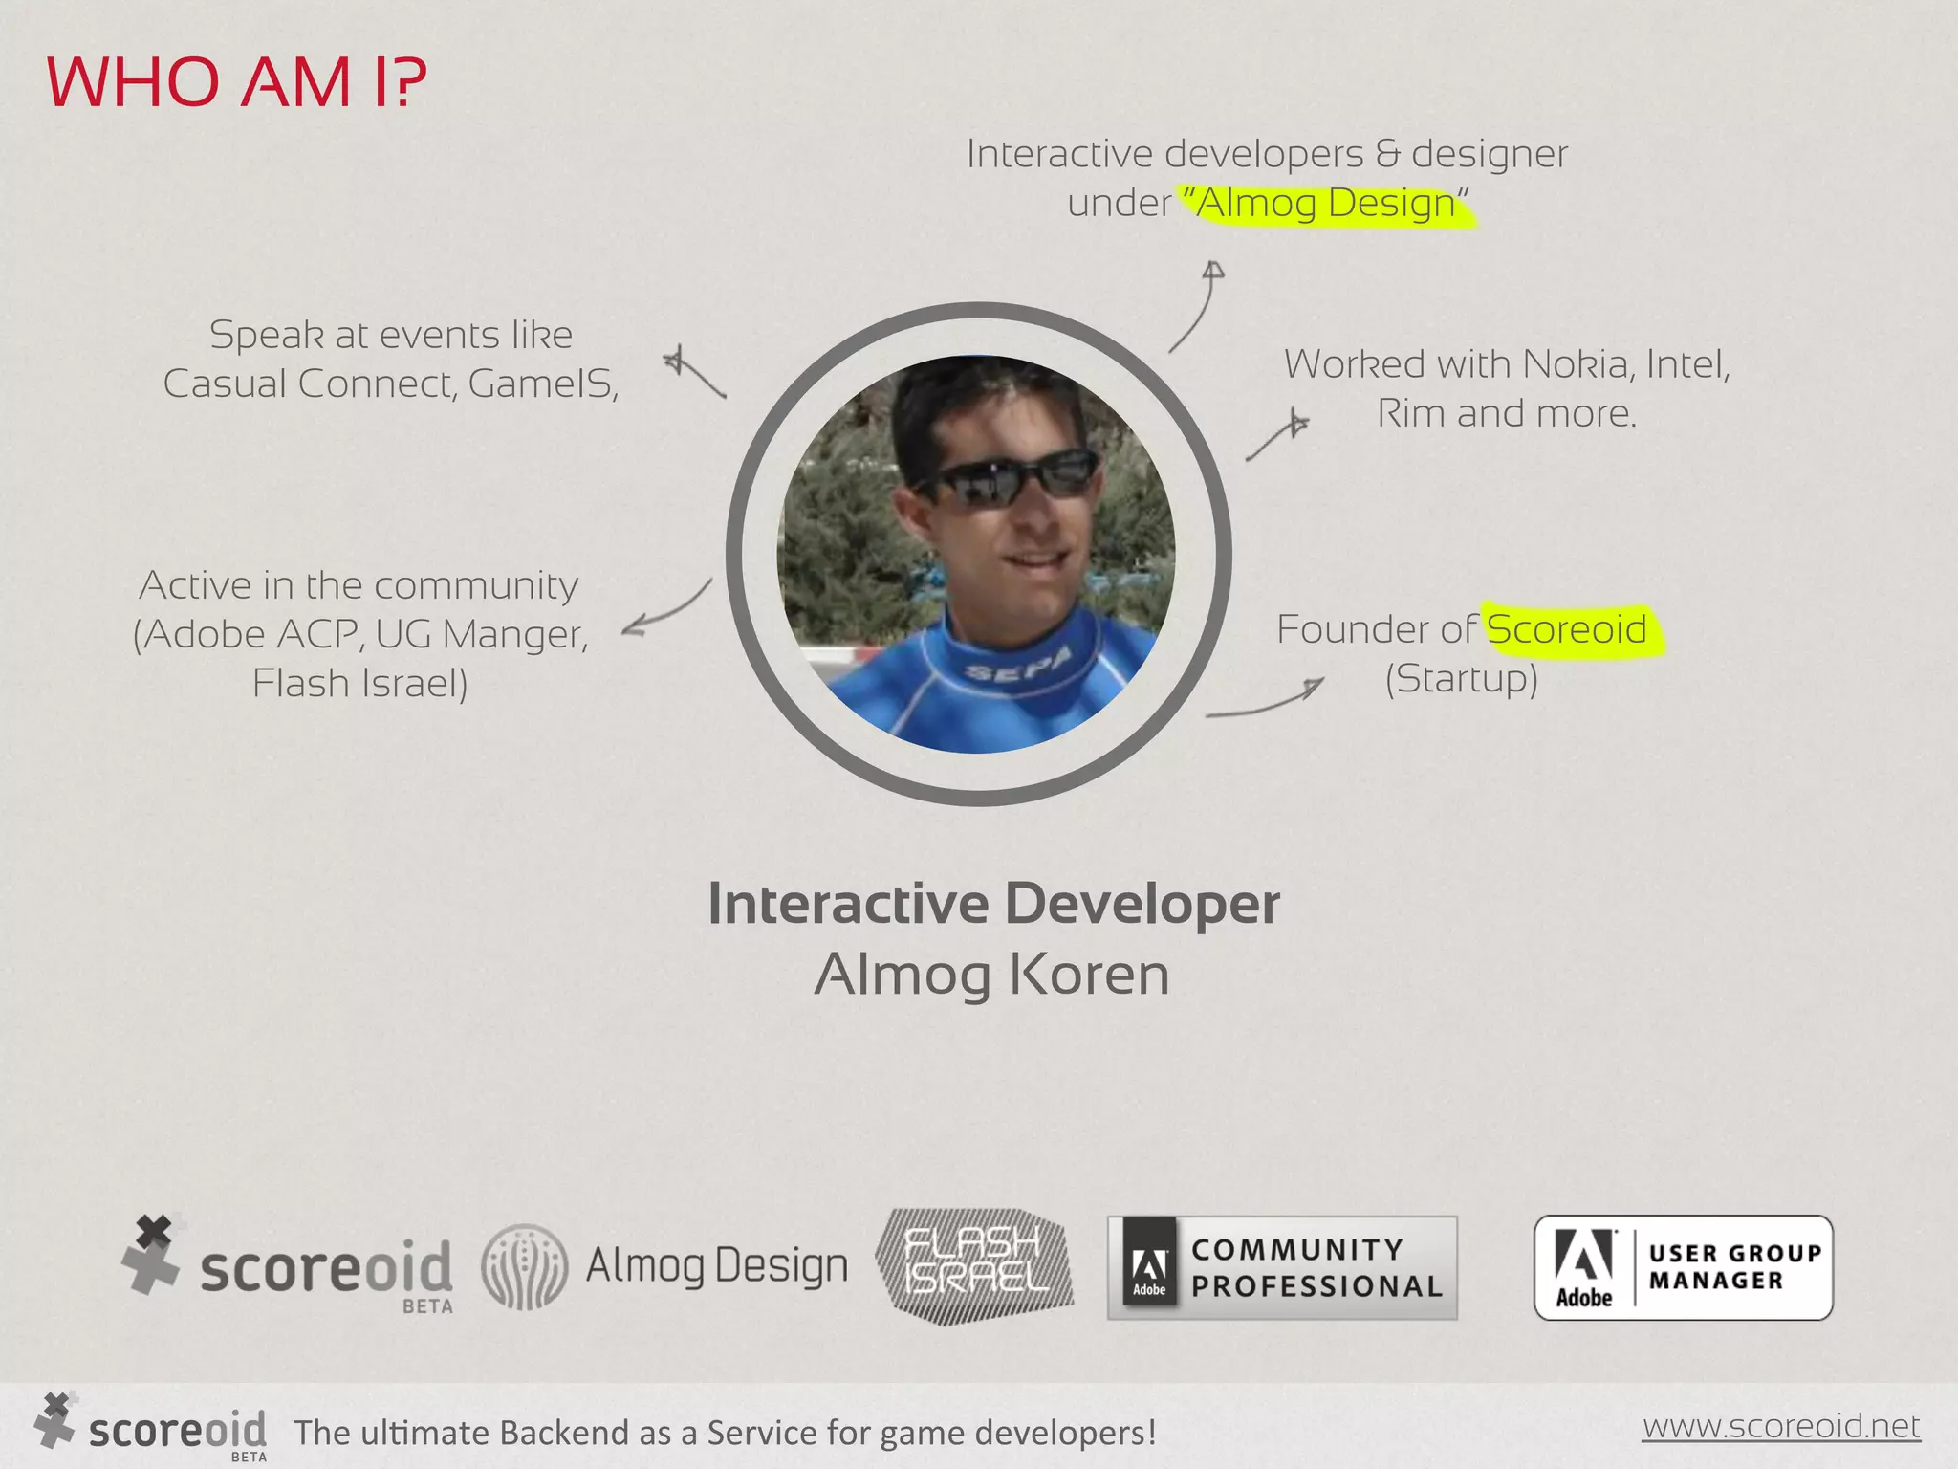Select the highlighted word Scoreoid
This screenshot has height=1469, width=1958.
1566,629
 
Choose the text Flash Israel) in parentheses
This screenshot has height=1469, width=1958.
360,684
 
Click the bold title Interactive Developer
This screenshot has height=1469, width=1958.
993,904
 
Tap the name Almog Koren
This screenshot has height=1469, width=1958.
991,976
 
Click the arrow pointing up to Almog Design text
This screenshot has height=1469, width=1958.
1197,306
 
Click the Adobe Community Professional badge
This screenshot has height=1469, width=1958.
1282,1268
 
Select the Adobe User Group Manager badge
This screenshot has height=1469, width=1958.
1683,1268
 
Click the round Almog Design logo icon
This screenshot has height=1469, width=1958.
524,1266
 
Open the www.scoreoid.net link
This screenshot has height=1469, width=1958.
1780,1426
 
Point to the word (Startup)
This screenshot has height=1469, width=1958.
1462,679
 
